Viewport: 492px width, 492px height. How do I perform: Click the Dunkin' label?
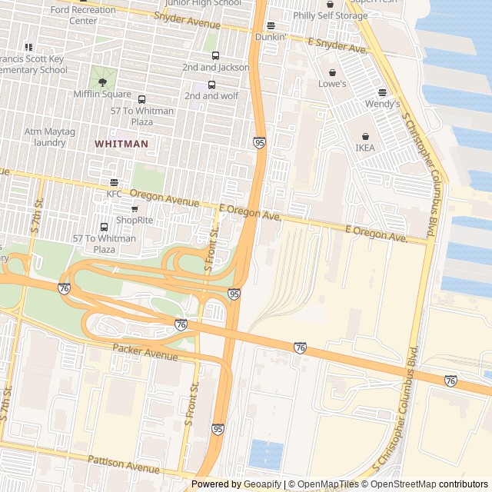click(271, 36)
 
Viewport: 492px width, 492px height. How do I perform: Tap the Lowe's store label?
click(333, 84)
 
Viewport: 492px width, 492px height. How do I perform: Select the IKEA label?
click(365, 148)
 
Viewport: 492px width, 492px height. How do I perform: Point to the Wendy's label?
click(382, 104)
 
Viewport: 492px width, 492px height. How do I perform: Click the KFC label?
click(114, 194)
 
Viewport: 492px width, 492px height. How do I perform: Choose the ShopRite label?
click(135, 220)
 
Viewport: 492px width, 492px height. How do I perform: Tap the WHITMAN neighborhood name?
click(121, 144)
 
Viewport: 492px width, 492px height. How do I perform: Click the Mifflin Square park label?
click(102, 95)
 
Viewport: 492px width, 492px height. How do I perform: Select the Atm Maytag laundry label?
click(50, 137)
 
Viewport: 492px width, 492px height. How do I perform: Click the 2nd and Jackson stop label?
click(215, 68)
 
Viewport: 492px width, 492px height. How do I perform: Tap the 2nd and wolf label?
click(211, 96)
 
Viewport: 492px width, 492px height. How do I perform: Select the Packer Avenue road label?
click(145, 351)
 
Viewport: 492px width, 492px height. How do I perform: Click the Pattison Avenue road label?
click(123, 464)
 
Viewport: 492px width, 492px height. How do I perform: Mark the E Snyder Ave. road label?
click(337, 45)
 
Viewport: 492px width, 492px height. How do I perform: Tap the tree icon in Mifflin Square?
click(102, 81)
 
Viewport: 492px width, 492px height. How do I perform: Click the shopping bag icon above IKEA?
click(365, 135)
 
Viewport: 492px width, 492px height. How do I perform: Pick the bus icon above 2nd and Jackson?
click(215, 55)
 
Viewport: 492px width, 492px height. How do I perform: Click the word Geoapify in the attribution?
click(262, 484)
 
